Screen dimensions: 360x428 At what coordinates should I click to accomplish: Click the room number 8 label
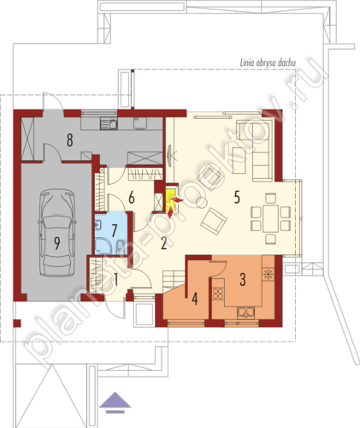tap(70, 140)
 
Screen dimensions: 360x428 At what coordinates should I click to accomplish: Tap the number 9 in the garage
tap(57, 243)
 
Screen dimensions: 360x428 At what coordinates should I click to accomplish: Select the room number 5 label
tap(237, 197)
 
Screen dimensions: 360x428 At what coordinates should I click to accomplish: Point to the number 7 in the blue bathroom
tap(114, 230)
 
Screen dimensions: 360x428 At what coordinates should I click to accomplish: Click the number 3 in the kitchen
tap(243, 279)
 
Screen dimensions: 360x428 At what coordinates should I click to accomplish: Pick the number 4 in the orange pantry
tap(195, 299)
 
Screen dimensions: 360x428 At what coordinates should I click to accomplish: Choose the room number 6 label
tap(131, 198)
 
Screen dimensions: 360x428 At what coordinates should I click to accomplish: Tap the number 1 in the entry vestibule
tap(115, 280)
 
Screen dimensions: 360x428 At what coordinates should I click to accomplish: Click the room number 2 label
tap(163, 243)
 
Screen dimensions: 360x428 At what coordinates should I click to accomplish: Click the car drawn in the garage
tap(57, 233)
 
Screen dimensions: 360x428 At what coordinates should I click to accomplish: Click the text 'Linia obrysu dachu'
tap(268, 62)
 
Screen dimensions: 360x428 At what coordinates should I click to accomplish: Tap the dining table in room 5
tap(270, 218)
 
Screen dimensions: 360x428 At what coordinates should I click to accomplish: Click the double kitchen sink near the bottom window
tap(245, 312)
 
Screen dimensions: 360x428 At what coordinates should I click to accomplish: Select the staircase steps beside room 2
tap(174, 282)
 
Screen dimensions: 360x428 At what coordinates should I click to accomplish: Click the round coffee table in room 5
tap(202, 202)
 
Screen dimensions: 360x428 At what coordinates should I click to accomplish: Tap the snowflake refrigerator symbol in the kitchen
tap(268, 274)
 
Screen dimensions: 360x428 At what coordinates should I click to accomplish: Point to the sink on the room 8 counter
tap(109, 124)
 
